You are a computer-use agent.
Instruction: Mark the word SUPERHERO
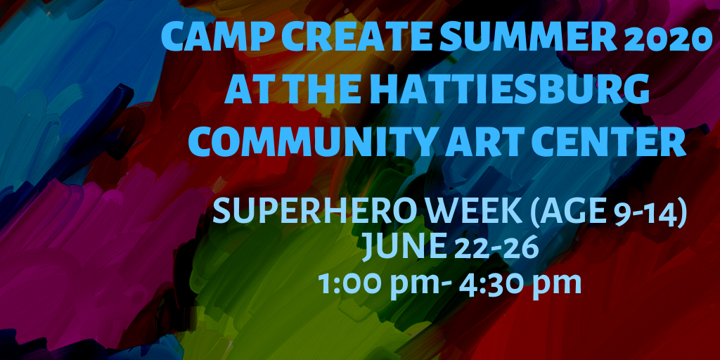pos(297,212)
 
